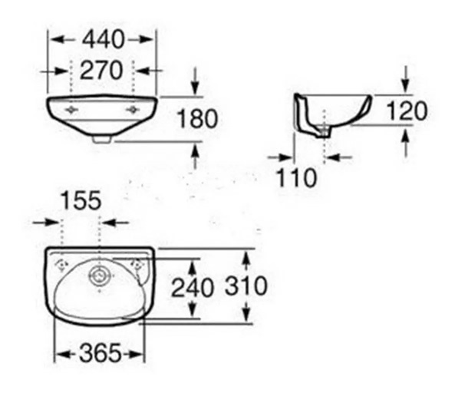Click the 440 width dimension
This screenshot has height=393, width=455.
pyautogui.click(x=103, y=39)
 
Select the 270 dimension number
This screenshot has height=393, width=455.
pyautogui.click(x=101, y=71)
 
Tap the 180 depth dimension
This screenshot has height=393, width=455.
pyautogui.click(x=197, y=118)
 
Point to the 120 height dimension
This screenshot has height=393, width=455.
pyautogui.click(x=407, y=111)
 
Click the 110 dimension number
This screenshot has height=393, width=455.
pyautogui.click(x=296, y=177)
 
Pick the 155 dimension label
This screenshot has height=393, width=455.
pyautogui.click(x=81, y=200)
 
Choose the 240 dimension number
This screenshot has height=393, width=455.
pyautogui.click(x=193, y=288)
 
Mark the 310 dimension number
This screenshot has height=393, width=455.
pyautogui.click(x=246, y=286)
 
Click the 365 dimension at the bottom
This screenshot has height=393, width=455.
pyautogui.click(x=100, y=353)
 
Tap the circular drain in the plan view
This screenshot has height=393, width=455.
pyautogui.click(x=100, y=275)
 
